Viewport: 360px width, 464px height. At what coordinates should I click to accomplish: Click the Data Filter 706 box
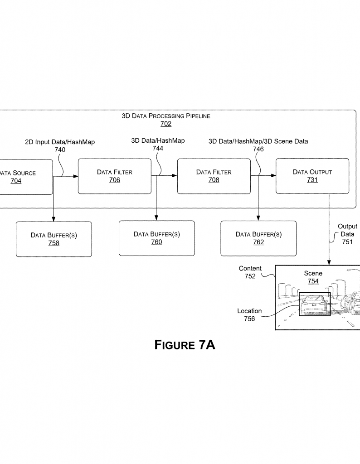[114, 176]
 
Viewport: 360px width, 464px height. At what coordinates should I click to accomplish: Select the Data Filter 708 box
[214, 176]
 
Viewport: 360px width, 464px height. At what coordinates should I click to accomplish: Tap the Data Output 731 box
[312, 176]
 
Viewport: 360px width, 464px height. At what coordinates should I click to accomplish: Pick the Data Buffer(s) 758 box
[54, 239]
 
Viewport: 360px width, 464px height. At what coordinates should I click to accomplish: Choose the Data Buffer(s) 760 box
[156, 238]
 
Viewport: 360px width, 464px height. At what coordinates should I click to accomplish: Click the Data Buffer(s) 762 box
[258, 238]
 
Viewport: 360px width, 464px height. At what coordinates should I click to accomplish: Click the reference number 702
[165, 124]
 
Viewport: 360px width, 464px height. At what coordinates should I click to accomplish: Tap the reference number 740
[59, 150]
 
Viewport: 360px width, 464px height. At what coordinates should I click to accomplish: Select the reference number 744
[158, 148]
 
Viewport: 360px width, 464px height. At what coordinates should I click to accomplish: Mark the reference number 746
[258, 149]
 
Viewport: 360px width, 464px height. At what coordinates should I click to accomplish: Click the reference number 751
[347, 242]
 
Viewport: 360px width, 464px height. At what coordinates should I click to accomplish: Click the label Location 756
[249, 315]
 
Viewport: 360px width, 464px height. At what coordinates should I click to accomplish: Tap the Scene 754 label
[313, 277]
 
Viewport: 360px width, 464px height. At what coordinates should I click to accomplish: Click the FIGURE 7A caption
[185, 345]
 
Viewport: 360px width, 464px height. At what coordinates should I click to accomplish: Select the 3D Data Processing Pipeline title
[166, 116]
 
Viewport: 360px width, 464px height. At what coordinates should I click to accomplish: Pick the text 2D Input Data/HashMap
[60, 142]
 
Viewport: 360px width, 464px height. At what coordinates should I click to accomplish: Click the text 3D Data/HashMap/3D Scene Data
[258, 141]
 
